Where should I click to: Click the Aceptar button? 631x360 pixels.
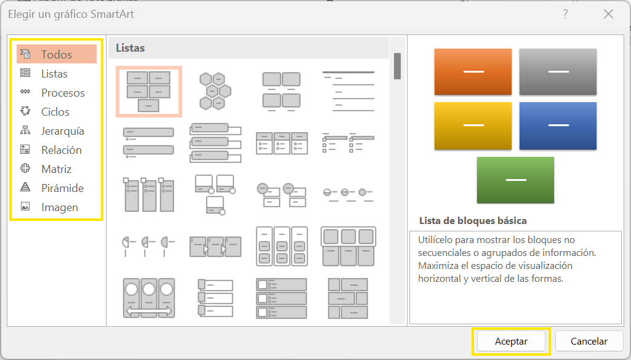click(511, 342)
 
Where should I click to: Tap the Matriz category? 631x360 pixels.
click(57, 169)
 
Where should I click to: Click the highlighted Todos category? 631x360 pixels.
click(57, 54)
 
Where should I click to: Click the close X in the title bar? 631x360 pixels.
click(608, 14)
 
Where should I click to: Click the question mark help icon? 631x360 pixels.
click(565, 14)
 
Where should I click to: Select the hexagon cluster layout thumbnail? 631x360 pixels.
click(215, 91)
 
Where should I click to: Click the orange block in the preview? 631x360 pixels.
click(473, 72)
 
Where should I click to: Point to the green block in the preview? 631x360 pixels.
click(515, 180)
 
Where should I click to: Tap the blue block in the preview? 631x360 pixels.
click(558, 126)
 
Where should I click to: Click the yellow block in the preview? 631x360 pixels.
click(473, 126)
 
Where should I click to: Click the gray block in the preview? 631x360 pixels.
click(558, 72)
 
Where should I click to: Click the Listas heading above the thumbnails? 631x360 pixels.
click(130, 48)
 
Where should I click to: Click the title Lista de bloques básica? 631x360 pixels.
click(473, 221)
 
